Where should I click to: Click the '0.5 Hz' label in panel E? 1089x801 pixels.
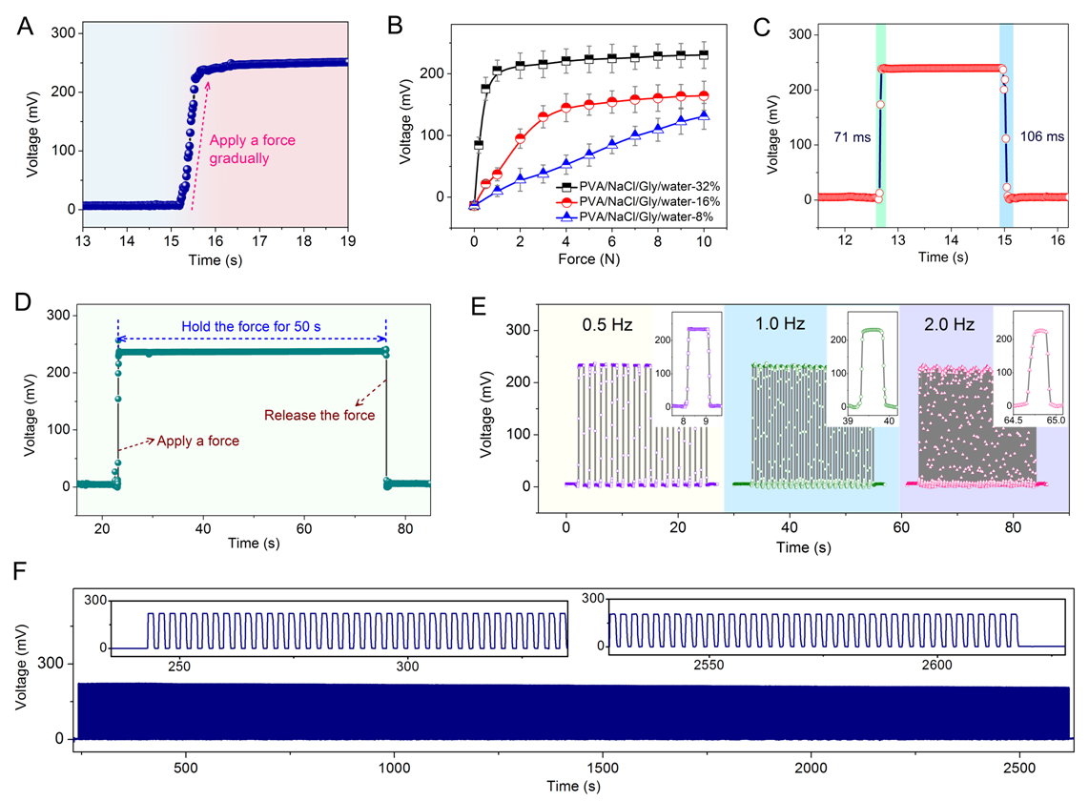point(606,324)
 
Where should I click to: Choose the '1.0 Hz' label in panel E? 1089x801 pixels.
point(778,324)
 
